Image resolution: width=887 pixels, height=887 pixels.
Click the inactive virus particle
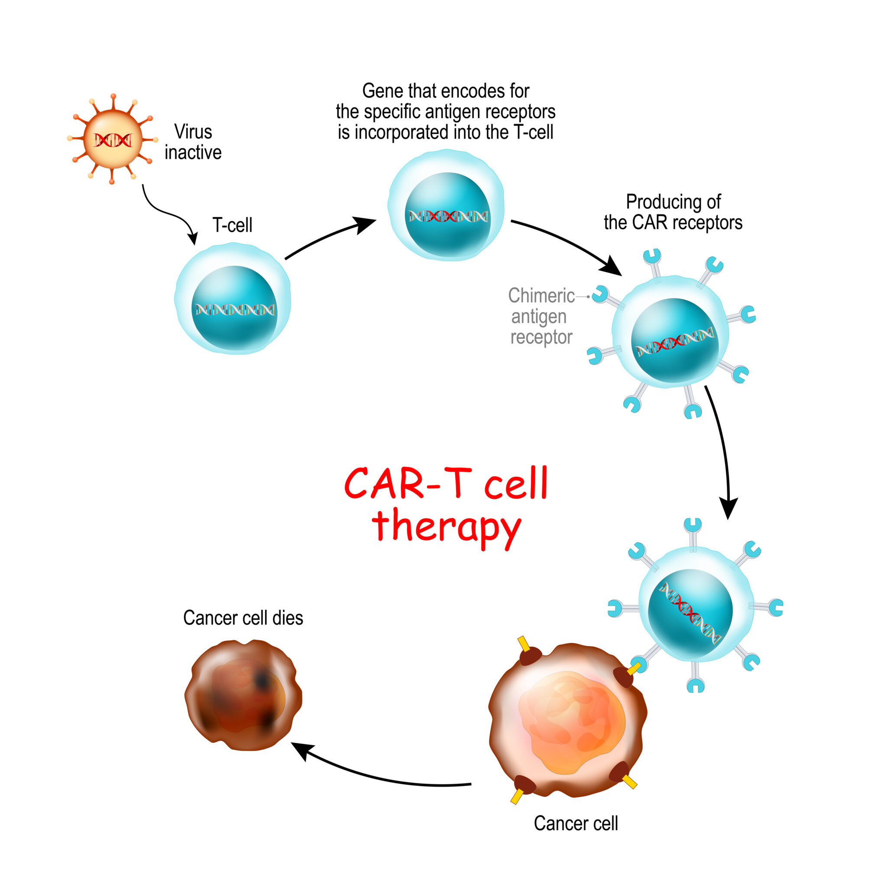tap(113, 139)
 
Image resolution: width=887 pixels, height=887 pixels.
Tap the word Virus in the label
tap(193, 132)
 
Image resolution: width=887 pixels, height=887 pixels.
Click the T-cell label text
tap(232, 225)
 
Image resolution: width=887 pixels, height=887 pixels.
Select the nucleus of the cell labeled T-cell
tap(234, 308)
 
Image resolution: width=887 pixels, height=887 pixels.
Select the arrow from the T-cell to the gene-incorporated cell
tap(328, 236)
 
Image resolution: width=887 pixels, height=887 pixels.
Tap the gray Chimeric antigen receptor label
tap(541, 316)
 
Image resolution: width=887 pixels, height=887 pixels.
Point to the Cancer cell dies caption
tap(243, 618)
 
